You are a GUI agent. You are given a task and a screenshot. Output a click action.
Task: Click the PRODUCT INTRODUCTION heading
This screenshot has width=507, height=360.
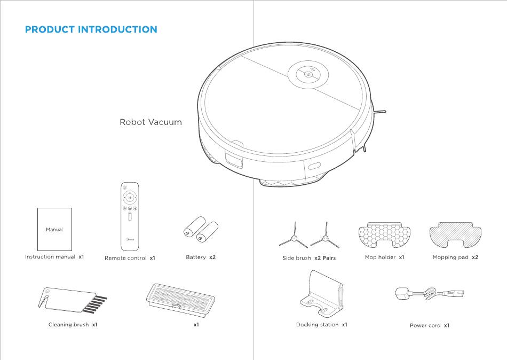pyautogui.click(x=91, y=29)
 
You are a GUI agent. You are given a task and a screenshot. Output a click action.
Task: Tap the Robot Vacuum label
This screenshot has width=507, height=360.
pyautogui.click(x=150, y=122)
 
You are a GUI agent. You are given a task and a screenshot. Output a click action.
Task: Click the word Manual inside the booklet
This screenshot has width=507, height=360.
pyautogui.click(x=54, y=230)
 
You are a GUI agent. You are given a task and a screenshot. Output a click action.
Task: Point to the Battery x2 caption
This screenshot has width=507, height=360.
pyautogui.click(x=201, y=257)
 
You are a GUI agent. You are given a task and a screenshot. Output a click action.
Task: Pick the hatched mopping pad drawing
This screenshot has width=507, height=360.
pyautogui.click(x=455, y=234)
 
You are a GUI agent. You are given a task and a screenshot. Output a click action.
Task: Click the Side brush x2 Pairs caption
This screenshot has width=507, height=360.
pyautogui.click(x=309, y=258)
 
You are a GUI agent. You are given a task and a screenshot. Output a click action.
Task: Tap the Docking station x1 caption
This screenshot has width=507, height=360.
pyautogui.click(x=321, y=325)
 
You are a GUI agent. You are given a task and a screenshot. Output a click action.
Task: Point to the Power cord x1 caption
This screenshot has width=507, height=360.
pyautogui.click(x=429, y=325)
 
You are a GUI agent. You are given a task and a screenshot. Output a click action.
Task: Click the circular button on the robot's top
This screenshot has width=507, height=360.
pyautogui.click(x=308, y=75)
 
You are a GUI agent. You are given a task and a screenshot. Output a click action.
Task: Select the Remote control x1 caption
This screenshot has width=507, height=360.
pyautogui.click(x=130, y=259)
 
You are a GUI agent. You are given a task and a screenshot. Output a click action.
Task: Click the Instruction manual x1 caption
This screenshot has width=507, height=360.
pyautogui.click(x=54, y=257)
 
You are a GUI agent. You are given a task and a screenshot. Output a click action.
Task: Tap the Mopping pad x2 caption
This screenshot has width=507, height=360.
pyautogui.click(x=455, y=257)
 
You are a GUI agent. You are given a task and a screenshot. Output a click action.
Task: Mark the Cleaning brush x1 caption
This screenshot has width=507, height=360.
pyautogui.click(x=73, y=325)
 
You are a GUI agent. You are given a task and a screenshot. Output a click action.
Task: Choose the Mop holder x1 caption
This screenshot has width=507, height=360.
pyautogui.click(x=384, y=257)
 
